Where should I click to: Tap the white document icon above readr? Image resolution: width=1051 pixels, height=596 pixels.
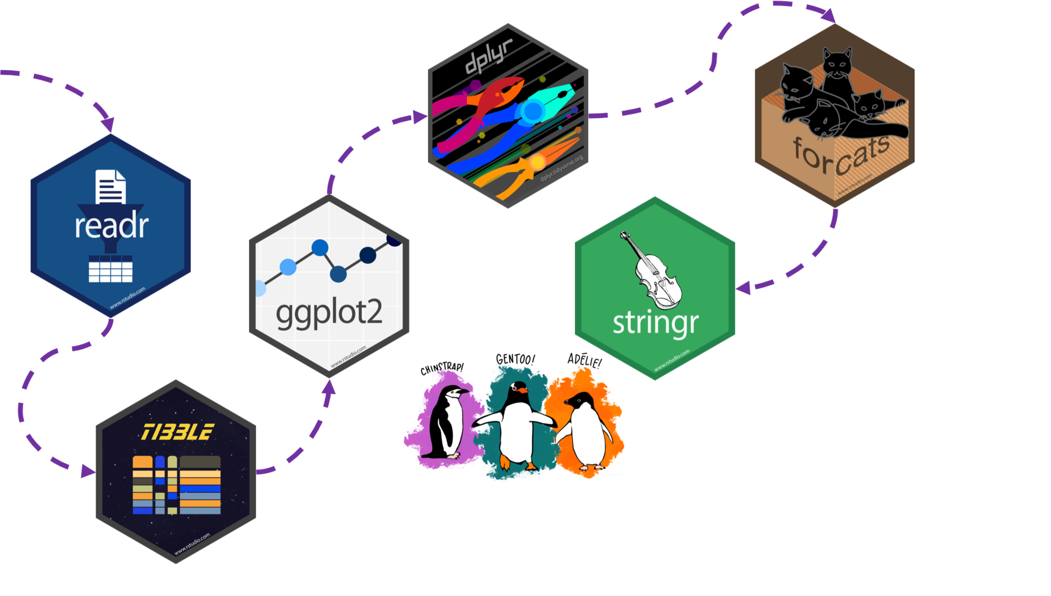pyautogui.click(x=111, y=186)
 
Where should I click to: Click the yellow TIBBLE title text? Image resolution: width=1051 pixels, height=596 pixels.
pyautogui.click(x=177, y=432)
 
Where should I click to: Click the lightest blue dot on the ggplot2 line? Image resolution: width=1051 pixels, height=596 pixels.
pyautogui.click(x=260, y=288)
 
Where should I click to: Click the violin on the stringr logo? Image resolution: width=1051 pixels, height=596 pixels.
pyautogui.click(x=655, y=274)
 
